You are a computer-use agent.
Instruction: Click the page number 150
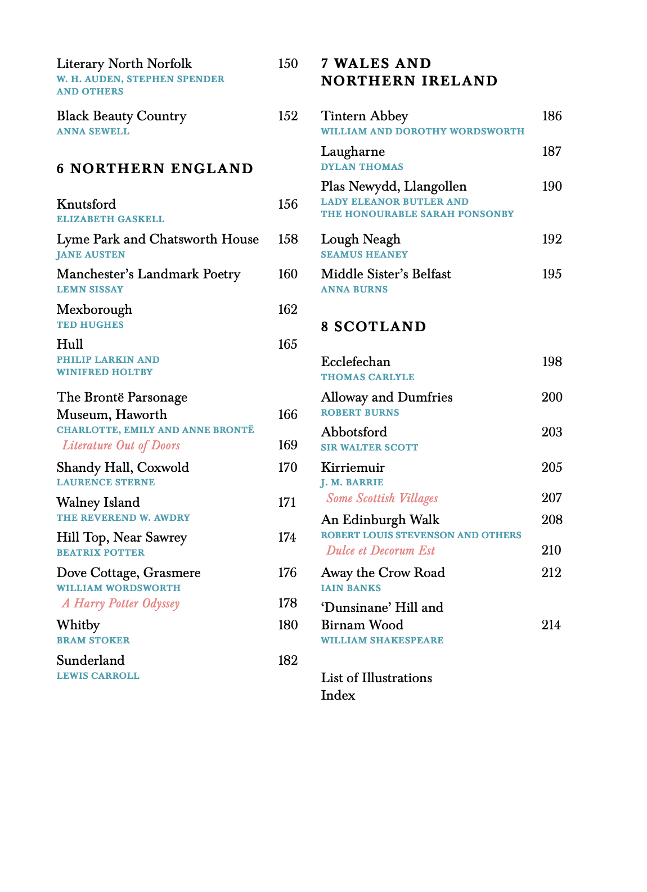[287, 64]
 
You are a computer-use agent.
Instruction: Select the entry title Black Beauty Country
[121, 116]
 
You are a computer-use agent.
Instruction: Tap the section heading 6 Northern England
[155, 169]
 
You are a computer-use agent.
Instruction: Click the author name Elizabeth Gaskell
[110, 219]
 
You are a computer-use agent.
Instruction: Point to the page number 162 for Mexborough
[287, 309]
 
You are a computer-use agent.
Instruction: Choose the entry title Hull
[70, 344]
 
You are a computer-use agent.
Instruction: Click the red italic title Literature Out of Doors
[121, 445]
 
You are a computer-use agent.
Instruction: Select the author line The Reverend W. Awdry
[123, 518]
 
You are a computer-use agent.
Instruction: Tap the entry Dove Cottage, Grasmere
[128, 573]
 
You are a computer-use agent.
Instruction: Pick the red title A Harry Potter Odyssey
[121, 603]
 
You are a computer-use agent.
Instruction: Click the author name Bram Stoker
[93, 641]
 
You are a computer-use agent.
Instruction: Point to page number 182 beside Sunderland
[287, 660]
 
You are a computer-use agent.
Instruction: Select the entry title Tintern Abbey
[364, 116]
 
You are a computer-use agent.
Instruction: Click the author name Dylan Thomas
[362, 167]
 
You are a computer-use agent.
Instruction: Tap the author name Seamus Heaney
[364, 255]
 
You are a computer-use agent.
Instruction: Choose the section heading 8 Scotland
[374, 327]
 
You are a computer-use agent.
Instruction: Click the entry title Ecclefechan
[356, 362]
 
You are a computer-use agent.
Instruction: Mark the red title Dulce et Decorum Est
[380, 551]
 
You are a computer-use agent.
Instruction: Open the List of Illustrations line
[376, 678]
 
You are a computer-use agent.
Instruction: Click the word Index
[338, 695]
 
